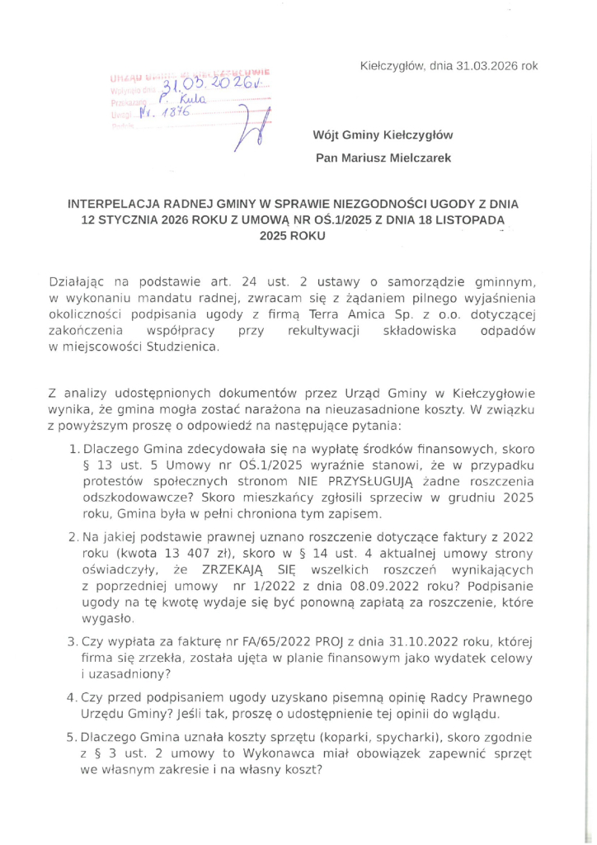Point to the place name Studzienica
175,347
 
